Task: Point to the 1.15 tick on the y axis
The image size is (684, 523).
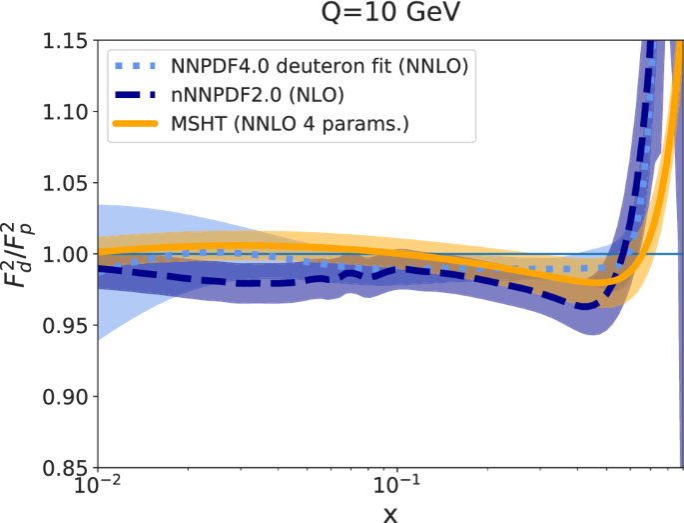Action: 62,42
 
